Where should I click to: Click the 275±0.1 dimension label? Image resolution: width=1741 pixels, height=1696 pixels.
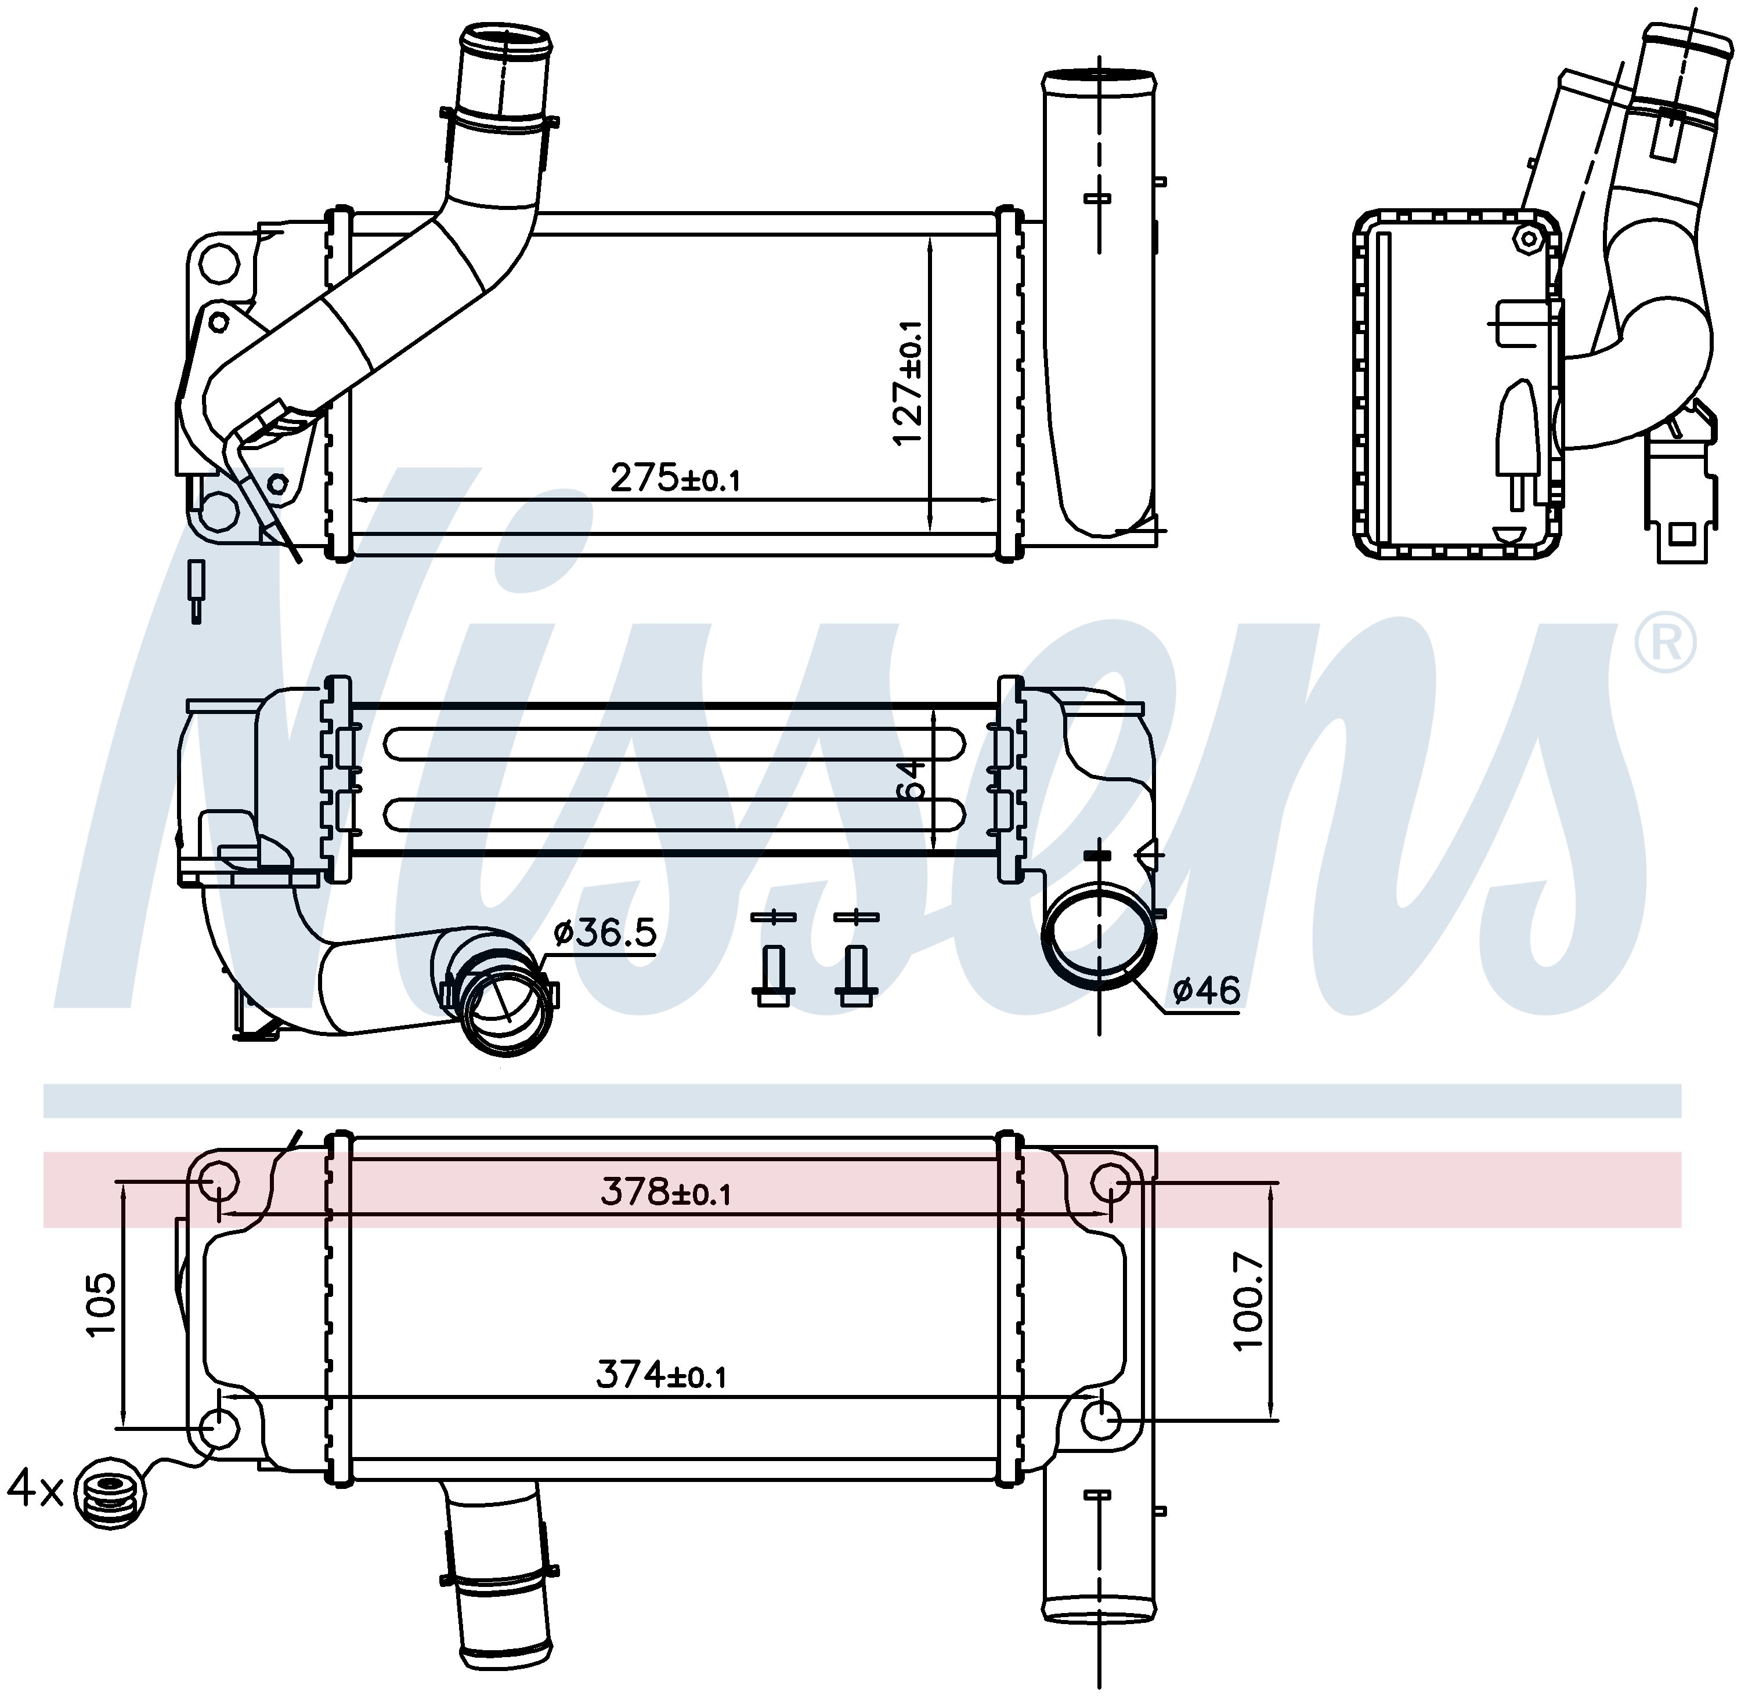tap(674, 479)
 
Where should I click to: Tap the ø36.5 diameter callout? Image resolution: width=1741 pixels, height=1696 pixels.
tap(605, 933)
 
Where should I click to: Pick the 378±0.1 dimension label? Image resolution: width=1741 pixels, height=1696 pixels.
tap(666, 1191)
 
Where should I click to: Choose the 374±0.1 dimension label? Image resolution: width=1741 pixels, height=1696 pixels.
tap(661, 1376)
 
